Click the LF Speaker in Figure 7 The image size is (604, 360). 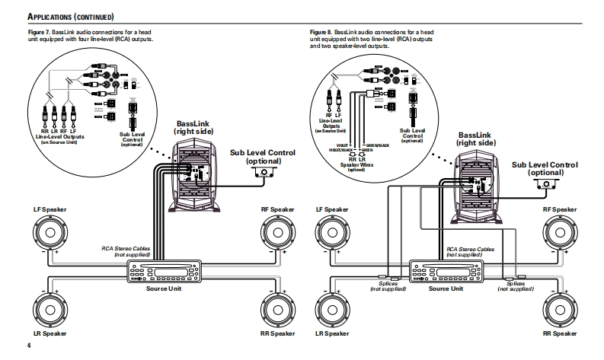[x=51, y=234]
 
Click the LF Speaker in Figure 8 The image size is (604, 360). [x=334, y=234]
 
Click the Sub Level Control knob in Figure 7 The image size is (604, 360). [x=264, y=173]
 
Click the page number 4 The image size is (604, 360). [x=28, y=348]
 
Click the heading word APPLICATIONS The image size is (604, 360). [x=54, y=15]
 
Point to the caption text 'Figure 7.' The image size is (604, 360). [x=40, y=33]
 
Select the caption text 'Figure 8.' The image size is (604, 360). [x=322, y=33]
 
